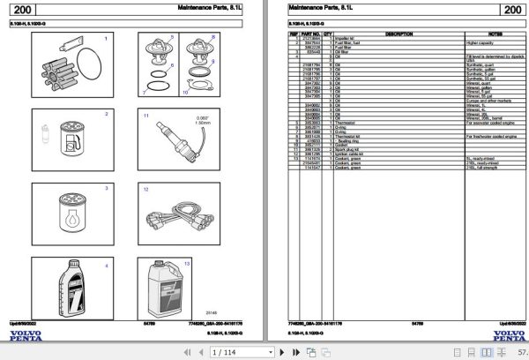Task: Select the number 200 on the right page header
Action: (x=509, y=11)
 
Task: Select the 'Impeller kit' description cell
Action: (x=348, y=39)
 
